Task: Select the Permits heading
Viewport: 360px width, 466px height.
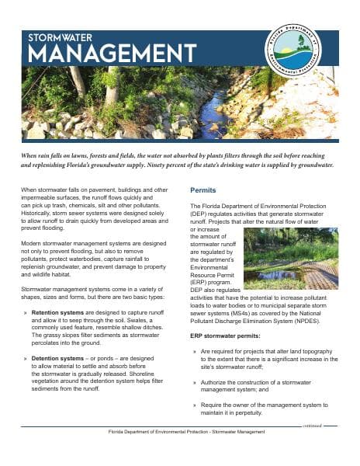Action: pyautogui.click(x=206, y=190)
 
